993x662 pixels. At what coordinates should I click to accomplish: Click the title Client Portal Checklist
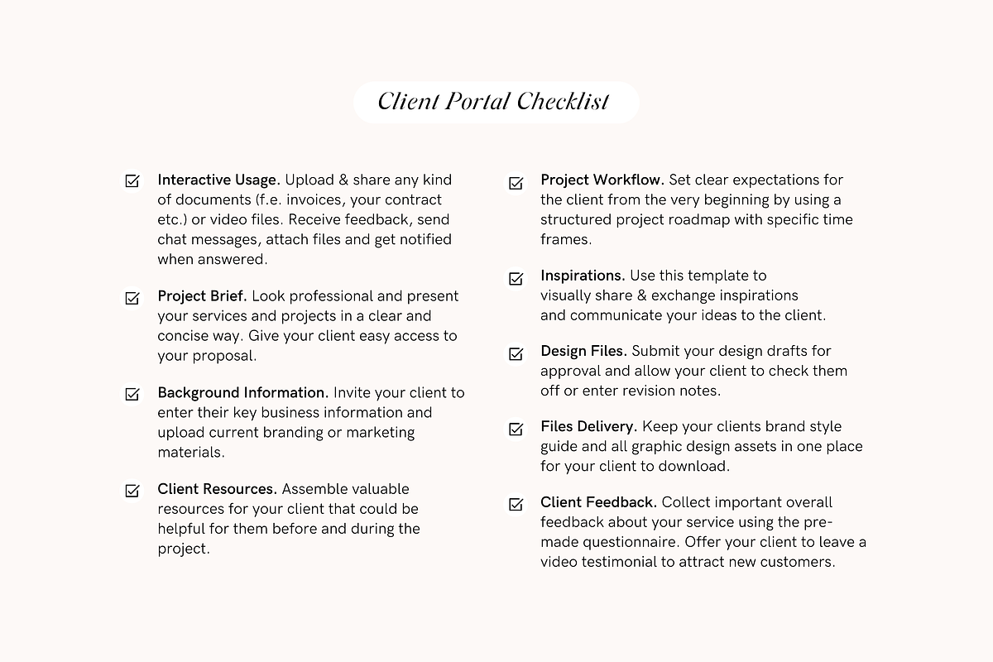[x=494, y=102]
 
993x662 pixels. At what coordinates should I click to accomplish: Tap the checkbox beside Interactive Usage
[x=132, y=180]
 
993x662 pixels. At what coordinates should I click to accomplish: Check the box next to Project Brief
[x=132, y=297]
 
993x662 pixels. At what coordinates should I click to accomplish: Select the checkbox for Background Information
[x=132, y=394]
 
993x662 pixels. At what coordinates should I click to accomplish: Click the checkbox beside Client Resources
[x=132, y=490]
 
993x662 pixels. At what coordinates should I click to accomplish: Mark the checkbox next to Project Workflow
[x=516, y=182]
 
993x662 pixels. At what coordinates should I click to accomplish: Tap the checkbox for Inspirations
[x=516, y=278]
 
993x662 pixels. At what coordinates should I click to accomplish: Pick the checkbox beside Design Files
[x=516, y=353]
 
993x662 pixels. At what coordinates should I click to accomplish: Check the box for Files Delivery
[x=516, y=429]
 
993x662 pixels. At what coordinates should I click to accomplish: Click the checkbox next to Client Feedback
[x=516, y=504]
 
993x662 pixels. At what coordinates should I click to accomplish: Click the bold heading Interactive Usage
[x=218, y=180]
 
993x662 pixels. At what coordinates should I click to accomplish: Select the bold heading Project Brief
[x=202, y=296]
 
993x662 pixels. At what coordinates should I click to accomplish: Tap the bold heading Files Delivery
[x=588, y=427]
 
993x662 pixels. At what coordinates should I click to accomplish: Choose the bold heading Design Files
[x=583, y=352]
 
